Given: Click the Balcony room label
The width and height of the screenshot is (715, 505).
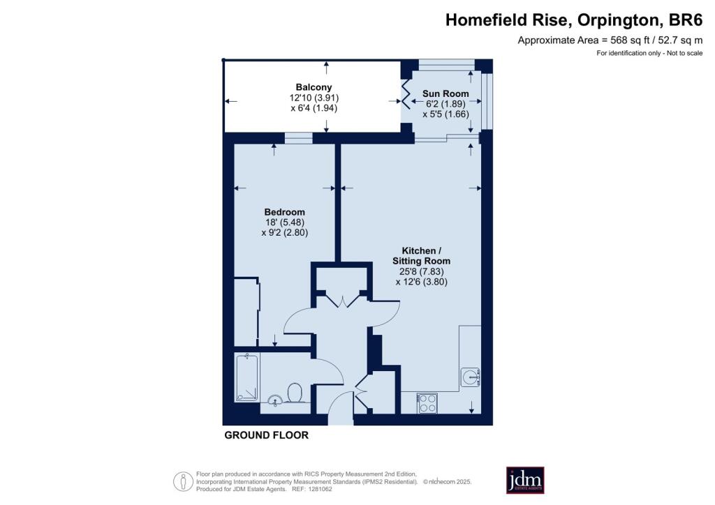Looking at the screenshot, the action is coord(314,87).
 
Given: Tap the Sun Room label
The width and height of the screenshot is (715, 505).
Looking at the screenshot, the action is coord(445,93).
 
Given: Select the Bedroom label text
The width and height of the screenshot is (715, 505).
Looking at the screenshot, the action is coord(285,212).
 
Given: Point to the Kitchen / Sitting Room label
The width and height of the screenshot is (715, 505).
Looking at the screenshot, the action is coord(421,255).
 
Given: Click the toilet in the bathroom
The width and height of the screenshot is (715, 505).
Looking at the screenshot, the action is coord(295,392).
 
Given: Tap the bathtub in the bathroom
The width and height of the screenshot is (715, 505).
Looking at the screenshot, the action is coord(247,379).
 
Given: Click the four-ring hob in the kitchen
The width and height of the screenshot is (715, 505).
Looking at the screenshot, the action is coord(427,403).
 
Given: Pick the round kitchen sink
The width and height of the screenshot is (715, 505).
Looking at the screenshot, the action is coord(470,377).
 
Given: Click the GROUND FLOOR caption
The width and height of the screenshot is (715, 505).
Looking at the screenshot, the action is coord(266,435).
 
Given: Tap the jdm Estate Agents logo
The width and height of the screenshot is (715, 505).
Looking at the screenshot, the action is coord(525,480).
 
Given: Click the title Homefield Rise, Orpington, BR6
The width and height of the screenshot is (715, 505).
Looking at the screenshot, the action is coord(574,20).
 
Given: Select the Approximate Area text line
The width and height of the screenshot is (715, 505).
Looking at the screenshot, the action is coord(610,40).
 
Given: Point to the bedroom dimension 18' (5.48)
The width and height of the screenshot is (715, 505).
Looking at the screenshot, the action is coord(285,223).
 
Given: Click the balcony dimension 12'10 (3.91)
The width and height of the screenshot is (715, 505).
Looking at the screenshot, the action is coord(314,98).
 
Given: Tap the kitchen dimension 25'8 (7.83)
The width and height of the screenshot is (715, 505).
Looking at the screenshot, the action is coord(421,271).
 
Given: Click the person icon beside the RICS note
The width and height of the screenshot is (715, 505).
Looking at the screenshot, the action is coord(184,481).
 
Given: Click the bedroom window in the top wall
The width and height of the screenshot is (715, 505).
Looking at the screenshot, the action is coord(299,138).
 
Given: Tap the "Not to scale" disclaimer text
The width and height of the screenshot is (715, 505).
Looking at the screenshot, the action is coord(685,53).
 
